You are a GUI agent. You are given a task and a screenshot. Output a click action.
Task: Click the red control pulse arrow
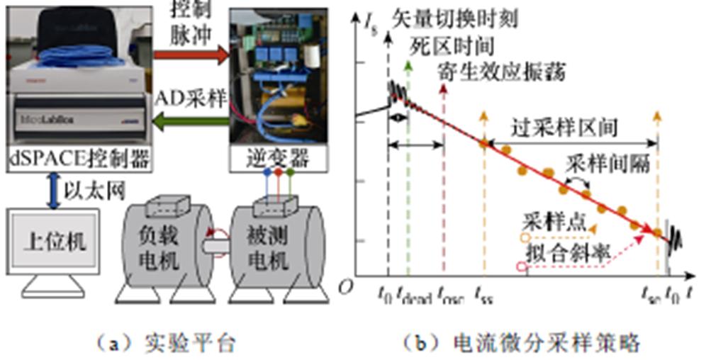[190, 55]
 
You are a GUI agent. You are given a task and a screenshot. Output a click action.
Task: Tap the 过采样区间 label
[565, 128]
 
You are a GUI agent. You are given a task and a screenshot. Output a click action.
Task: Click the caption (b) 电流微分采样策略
[522, 343]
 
